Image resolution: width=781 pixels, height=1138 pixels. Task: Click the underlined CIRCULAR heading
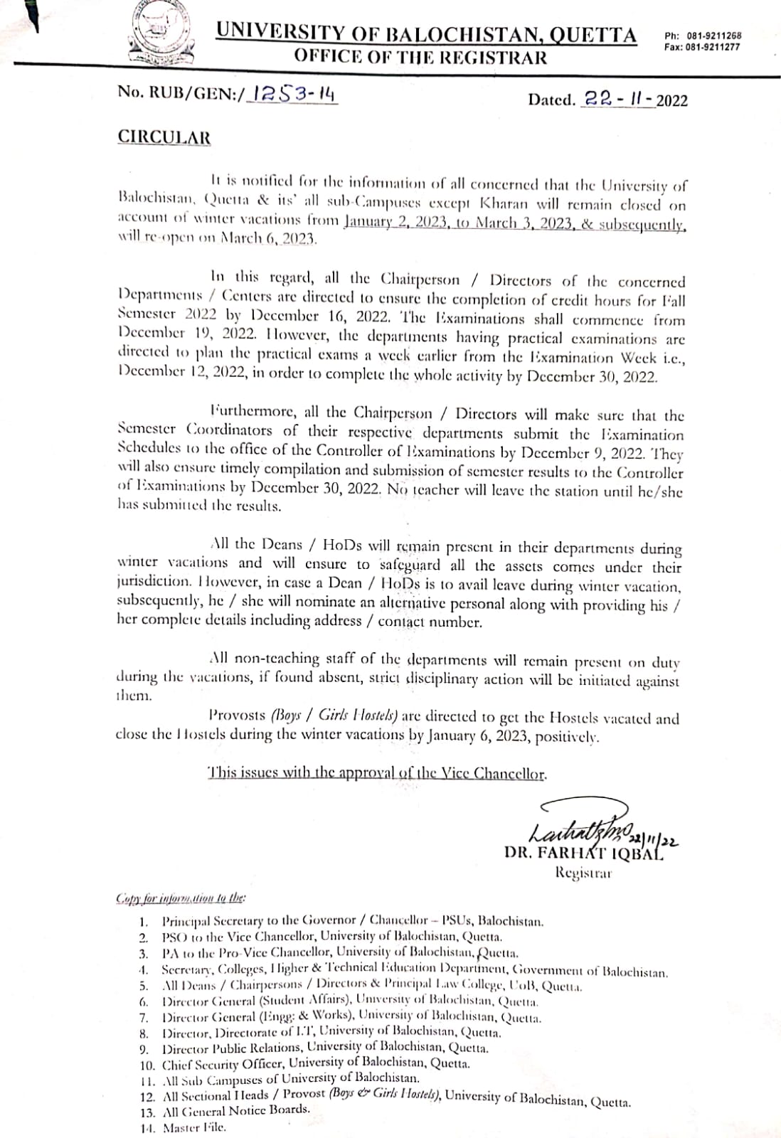pos(164,137)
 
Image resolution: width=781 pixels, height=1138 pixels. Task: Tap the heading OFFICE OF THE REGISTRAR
pos(421,58)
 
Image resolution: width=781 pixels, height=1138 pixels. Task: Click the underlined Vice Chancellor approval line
pos(377,773)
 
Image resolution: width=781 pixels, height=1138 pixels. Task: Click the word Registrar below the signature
pos(583,872)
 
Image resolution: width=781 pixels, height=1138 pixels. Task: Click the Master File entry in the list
pos(193,1128)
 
